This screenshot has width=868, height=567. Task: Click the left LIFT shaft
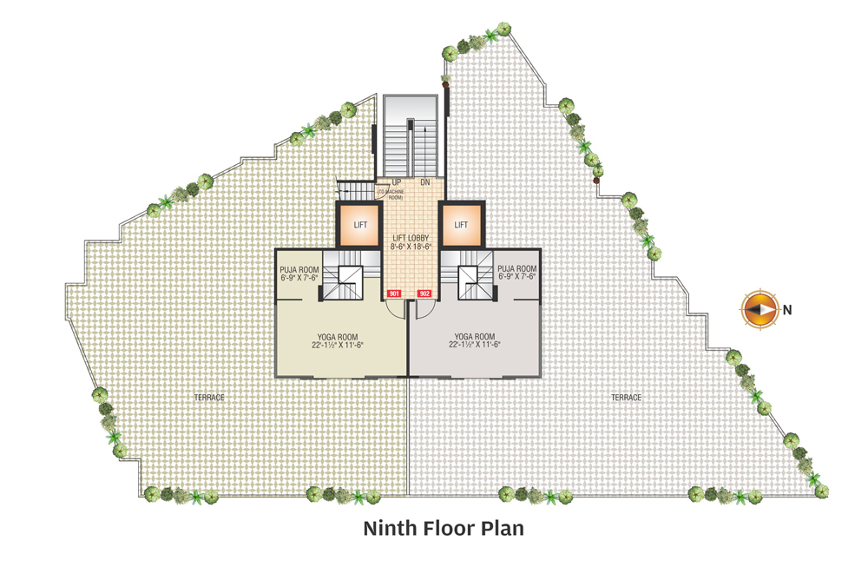360,224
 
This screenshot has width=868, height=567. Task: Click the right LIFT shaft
462,224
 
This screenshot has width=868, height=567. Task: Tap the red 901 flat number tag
393,293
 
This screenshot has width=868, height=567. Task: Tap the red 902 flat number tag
424,293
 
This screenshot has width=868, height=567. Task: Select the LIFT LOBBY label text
411,238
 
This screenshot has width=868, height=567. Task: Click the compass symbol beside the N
760,309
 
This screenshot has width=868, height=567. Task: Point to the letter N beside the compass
787,310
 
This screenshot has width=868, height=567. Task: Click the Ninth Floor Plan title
444,528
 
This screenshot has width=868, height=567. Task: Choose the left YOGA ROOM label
337,337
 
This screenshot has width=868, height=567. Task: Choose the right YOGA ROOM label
475,336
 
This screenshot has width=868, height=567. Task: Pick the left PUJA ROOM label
299,270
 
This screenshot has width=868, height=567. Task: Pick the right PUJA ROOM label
517,268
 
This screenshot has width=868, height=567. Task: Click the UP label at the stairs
397,182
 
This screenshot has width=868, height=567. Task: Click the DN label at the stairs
425,182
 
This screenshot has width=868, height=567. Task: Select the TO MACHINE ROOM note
391,194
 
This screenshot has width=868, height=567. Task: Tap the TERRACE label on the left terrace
209,398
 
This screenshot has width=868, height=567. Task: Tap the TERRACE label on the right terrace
626,398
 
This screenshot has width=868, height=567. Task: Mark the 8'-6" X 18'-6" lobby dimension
411,247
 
